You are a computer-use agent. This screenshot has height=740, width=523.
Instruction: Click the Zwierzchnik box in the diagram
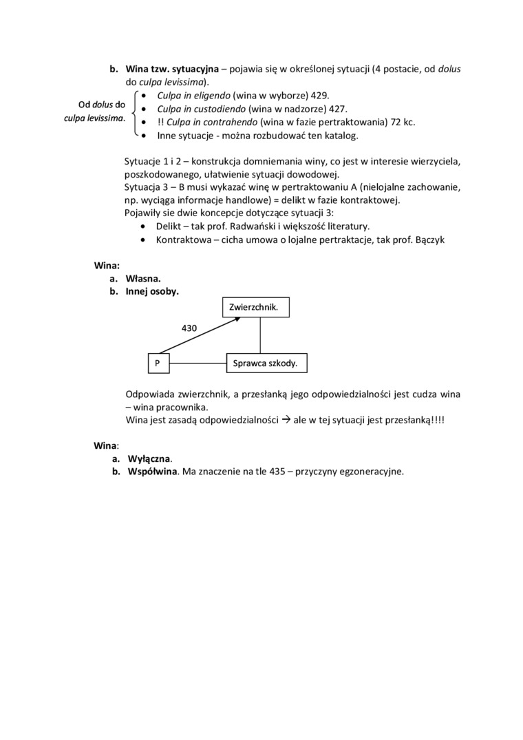coord(256,307)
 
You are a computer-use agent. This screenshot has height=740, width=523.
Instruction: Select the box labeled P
coord(159,363)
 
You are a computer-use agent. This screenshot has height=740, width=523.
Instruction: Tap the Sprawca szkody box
coord(266,363)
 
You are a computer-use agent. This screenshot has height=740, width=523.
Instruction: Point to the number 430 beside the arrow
coord(189,329)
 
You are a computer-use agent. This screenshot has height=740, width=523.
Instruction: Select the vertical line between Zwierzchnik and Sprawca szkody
coord(260,335)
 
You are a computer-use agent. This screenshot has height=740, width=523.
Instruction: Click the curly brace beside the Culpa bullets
coord(134,114)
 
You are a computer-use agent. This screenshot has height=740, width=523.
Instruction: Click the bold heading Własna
coord(143,279)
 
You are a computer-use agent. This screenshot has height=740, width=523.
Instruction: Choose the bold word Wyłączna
coord(149,458)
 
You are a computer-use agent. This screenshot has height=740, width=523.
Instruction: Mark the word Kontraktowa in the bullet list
coord(181,240)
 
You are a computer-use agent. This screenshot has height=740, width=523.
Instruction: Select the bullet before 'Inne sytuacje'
coord(143,135)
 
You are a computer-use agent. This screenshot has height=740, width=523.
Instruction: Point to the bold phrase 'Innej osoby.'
coord(152,292)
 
